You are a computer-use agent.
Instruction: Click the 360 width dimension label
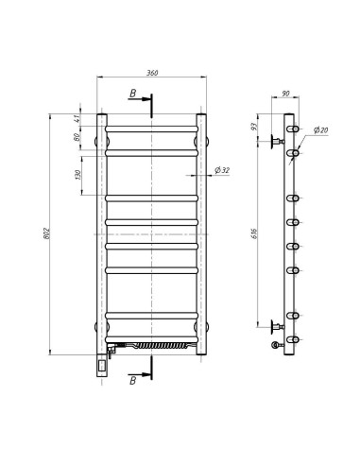151,72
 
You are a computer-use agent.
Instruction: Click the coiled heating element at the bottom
156,347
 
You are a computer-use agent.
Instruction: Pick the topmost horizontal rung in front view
152,126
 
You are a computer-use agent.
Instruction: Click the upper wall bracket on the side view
277,142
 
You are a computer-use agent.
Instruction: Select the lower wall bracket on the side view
277,328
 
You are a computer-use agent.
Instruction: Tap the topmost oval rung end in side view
295,129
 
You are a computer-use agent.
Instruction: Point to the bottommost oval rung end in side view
295,342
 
